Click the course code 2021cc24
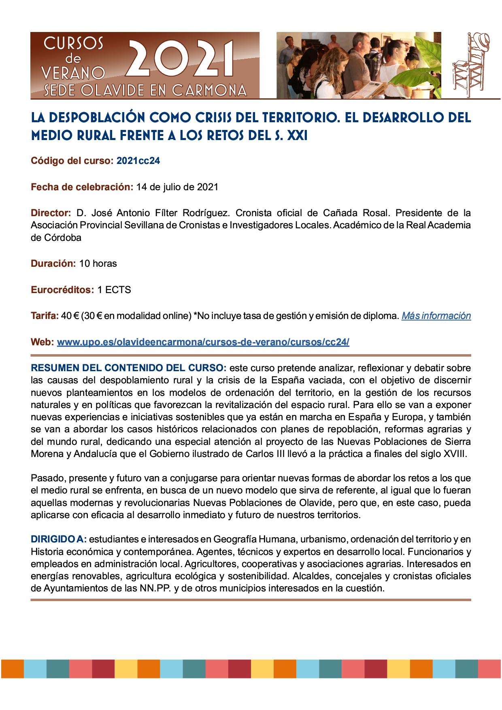[138, 161]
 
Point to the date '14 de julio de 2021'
[177, 187]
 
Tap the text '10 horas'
[98, 264]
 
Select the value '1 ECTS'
[114, 290]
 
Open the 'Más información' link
[436, 316]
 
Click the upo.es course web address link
[203, 342]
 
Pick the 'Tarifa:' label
[45, 316]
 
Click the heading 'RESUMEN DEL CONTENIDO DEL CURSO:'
[129, 368]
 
